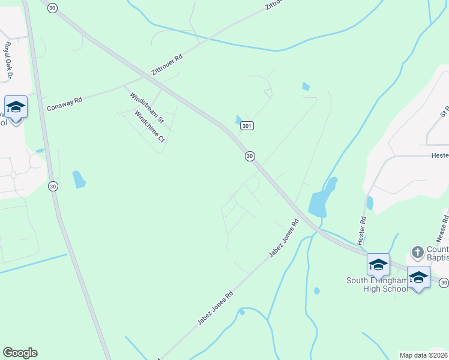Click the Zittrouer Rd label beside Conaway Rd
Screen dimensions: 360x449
point(167,62)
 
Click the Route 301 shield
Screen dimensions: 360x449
point(247,126)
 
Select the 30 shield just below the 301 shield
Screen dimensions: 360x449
point(249,156)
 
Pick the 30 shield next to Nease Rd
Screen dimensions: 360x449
point(444,282)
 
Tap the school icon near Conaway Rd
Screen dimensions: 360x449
point(16,107)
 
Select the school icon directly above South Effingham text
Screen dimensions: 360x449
point(378,264)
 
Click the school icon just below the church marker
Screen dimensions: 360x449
point(418,277)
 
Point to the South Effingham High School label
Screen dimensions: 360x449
point(376,284)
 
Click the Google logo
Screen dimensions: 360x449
point(20,353)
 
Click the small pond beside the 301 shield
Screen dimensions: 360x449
point(239,119)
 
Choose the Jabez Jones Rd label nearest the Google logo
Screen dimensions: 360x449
point(215,309)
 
